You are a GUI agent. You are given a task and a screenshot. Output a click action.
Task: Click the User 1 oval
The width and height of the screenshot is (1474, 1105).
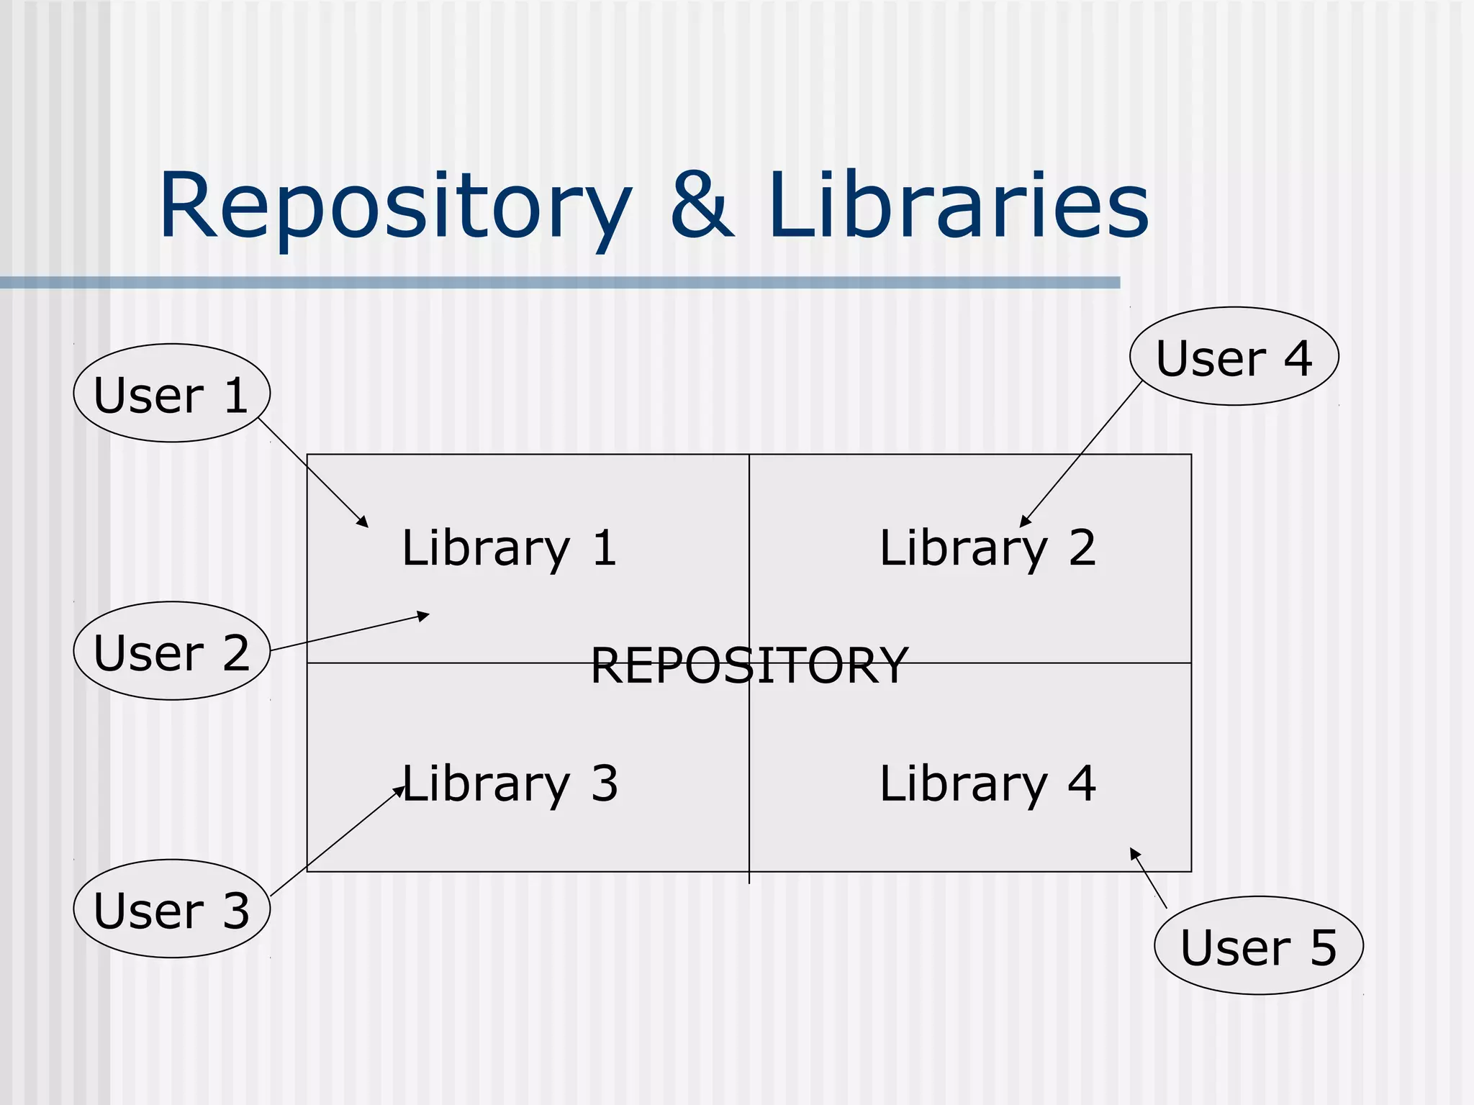(x=171, y=393)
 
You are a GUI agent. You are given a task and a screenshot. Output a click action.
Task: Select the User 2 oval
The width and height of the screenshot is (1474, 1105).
(x=171, y=651)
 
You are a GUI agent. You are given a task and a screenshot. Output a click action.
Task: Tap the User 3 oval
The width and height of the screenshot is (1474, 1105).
(x=171, y=909)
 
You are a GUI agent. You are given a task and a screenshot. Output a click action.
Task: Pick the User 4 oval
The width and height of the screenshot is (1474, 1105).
(x=1234, y=357)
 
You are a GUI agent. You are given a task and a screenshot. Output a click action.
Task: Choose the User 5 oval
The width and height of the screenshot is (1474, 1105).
(x=1258, y=945)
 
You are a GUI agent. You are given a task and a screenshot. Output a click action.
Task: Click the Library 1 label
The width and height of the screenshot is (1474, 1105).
(x=509, y=548)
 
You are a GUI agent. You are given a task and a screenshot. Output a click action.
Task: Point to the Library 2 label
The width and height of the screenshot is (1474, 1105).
(x=987, y=548)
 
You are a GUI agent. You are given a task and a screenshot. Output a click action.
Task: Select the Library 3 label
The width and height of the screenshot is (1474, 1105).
(x=509, y=783)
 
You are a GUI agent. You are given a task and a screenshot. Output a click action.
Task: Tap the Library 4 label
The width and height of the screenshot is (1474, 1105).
(x=987, y=783)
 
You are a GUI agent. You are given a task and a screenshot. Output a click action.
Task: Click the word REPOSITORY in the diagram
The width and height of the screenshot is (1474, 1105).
(x=749, y=665)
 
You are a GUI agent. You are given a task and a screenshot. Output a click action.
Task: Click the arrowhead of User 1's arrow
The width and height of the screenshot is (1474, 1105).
(x=363, y=523)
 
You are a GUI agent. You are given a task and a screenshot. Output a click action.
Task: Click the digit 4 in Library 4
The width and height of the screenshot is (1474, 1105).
(x=1082, y=783)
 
